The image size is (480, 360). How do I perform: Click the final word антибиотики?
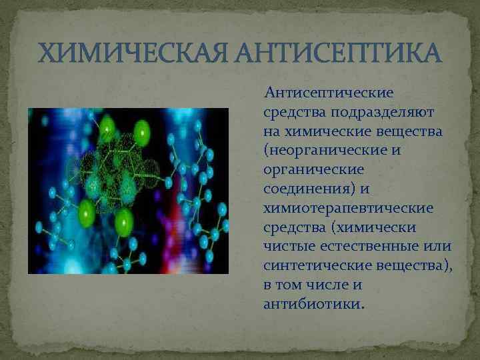[315, 305]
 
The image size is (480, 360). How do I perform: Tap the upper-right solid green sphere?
[141, 133]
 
